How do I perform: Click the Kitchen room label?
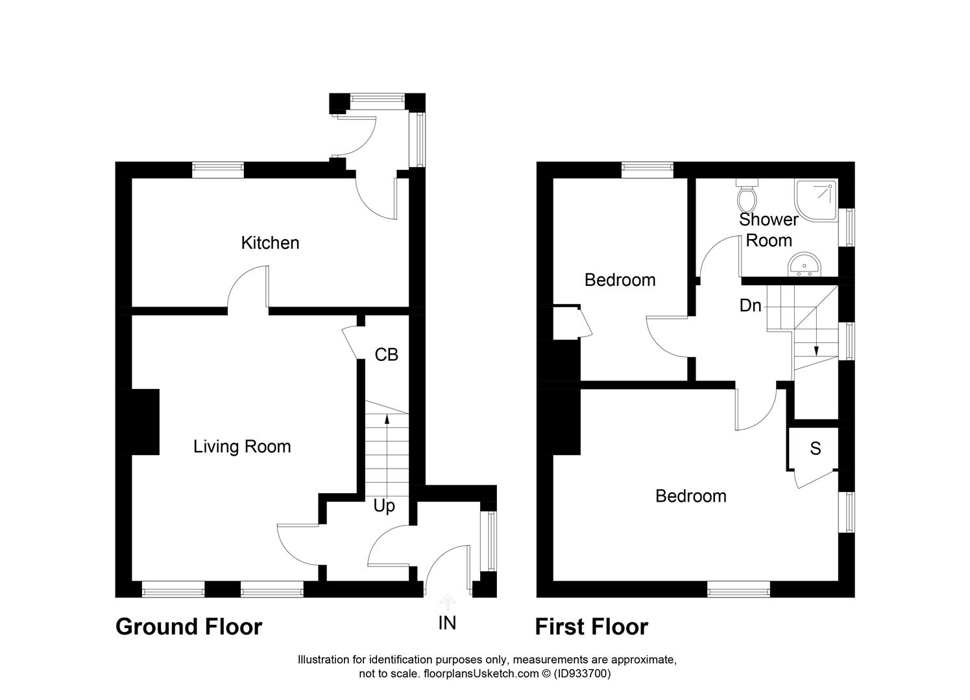(x=270, y=243)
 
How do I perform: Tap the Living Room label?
(x=242, y=447)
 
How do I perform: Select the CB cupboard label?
(x=387, y=355)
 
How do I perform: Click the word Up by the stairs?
(x=384, y=506)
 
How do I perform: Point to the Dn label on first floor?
(x=751, y=305)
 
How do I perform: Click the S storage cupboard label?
(x=816, y=449)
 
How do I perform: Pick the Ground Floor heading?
(x=189, y=627)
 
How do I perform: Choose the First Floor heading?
(x=591, y=627)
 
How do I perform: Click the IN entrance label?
(x=447, y=623)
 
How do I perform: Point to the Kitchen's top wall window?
(x=218, y=169)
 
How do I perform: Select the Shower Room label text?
(x=769, y=229)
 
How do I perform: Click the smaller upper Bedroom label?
(x=620, y=280)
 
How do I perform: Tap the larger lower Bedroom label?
(x=690, y=496)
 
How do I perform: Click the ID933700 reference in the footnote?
(x=582, y=673)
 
